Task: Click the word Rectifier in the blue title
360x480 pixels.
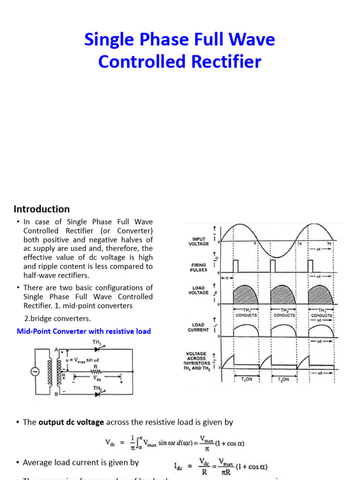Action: click(x=223, y=62)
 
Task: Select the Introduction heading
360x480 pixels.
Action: click(x=41, y=209)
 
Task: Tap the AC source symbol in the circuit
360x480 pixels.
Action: click(x=35, y=372)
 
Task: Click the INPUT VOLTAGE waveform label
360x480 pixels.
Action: click(x=199, y=241)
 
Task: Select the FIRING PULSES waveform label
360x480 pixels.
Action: click(x=199, y=267)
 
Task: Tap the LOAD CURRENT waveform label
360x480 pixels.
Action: click(x=199, y=327)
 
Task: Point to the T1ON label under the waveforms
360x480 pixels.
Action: click(x=246, y=379)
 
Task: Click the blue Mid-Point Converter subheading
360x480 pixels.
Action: click(x=83, y=331)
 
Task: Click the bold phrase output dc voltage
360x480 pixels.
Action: click(x=71, y=422)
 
